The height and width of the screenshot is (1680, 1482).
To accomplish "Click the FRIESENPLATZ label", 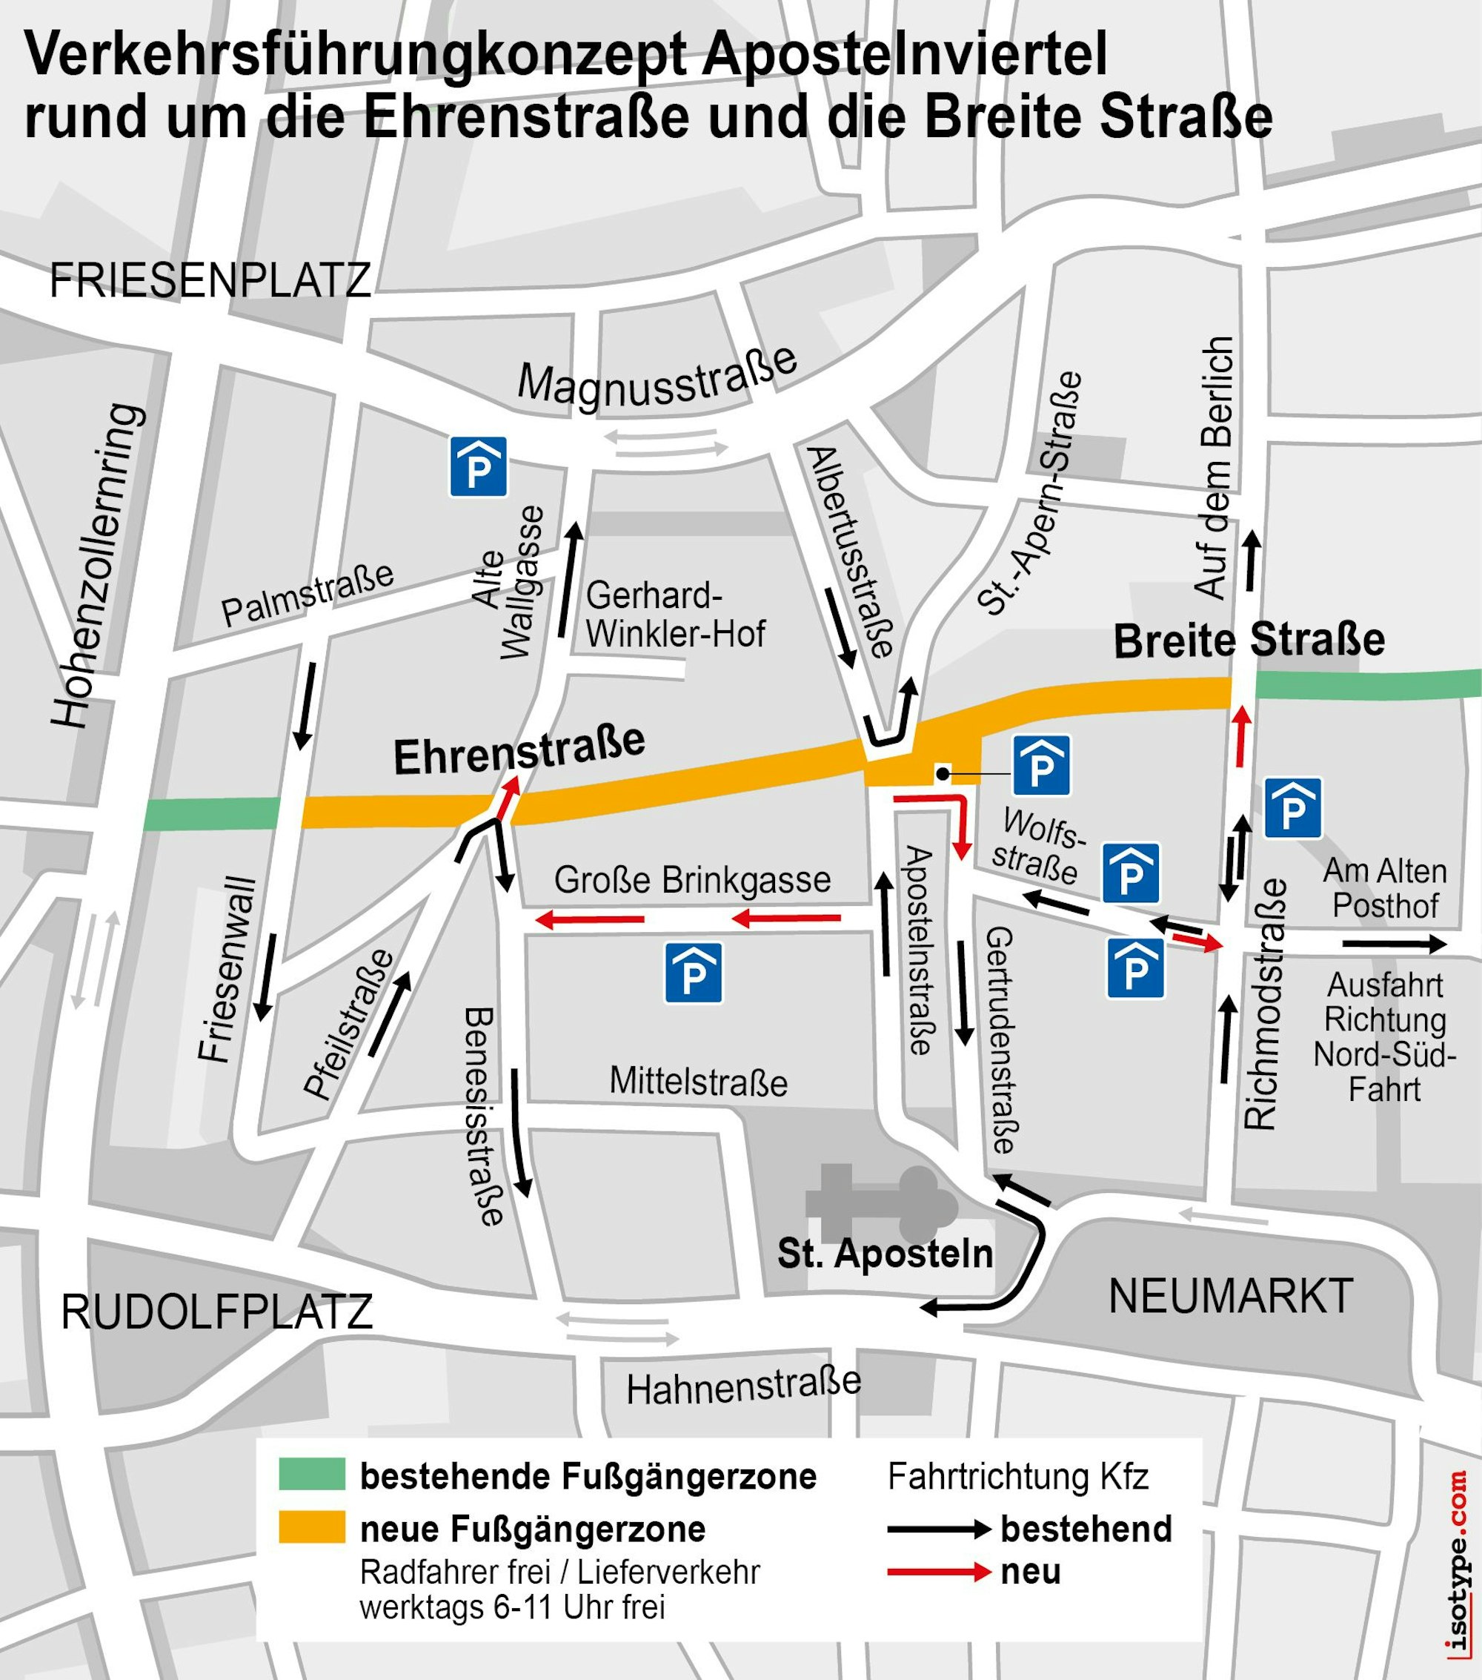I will (210, 281).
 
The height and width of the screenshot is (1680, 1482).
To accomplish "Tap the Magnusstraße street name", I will (657, 377).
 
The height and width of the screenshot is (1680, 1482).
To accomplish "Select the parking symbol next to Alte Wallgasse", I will (478, 467).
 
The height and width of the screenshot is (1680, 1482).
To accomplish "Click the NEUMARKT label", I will (1231, 1296).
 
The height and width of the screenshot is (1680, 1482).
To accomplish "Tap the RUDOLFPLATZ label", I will (217, 1312).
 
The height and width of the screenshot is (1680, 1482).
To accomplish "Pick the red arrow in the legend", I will (939, 1572).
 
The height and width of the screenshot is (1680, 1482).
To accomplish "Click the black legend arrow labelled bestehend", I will (939, 1529).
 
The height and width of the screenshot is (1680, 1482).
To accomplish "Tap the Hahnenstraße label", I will (743, 1387).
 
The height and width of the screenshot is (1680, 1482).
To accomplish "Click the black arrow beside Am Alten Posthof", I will (1394, 945).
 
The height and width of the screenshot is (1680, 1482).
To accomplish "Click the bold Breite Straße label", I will (1249, 641).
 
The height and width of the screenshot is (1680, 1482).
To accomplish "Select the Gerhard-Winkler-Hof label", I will (674, 615).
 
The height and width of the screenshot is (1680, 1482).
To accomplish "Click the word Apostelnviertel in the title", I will (905, 54).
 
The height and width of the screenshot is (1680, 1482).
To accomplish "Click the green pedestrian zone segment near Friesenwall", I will (212, 814).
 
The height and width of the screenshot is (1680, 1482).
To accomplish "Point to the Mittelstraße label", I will (698, 1082).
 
